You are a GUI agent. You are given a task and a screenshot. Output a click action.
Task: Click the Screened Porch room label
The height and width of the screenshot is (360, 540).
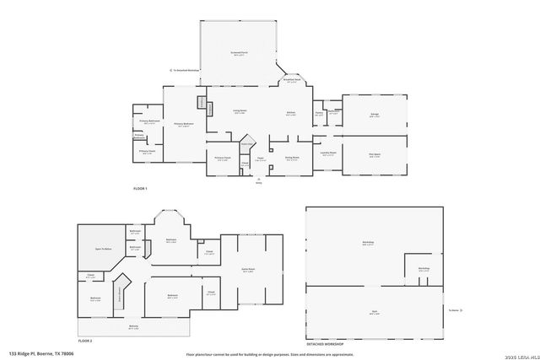240,52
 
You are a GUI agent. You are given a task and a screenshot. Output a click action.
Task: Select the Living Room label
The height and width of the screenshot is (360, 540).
240,110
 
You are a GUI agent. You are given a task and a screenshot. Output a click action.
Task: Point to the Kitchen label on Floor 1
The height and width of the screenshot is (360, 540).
289,113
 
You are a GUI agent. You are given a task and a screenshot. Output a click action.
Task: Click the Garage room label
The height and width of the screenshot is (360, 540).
374,114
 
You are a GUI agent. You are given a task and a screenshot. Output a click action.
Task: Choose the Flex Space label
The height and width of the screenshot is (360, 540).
374,154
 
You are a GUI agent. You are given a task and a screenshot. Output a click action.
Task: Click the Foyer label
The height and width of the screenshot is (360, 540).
261,159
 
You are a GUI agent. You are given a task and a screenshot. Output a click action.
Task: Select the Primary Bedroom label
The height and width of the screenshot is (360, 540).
184,124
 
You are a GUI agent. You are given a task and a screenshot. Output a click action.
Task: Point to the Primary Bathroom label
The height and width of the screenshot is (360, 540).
148,121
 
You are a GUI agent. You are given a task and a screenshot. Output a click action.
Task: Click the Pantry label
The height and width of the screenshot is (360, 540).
319,113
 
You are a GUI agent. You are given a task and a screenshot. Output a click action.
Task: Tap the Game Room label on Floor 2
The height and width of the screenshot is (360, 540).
248,270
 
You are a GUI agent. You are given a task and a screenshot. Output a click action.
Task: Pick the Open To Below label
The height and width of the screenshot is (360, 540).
104,250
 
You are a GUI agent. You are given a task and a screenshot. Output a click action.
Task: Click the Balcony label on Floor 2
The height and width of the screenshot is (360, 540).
133,326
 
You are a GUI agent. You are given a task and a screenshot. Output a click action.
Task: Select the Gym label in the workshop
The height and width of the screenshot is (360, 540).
374,311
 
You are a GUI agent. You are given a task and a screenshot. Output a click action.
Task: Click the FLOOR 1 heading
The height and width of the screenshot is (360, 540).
140,187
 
